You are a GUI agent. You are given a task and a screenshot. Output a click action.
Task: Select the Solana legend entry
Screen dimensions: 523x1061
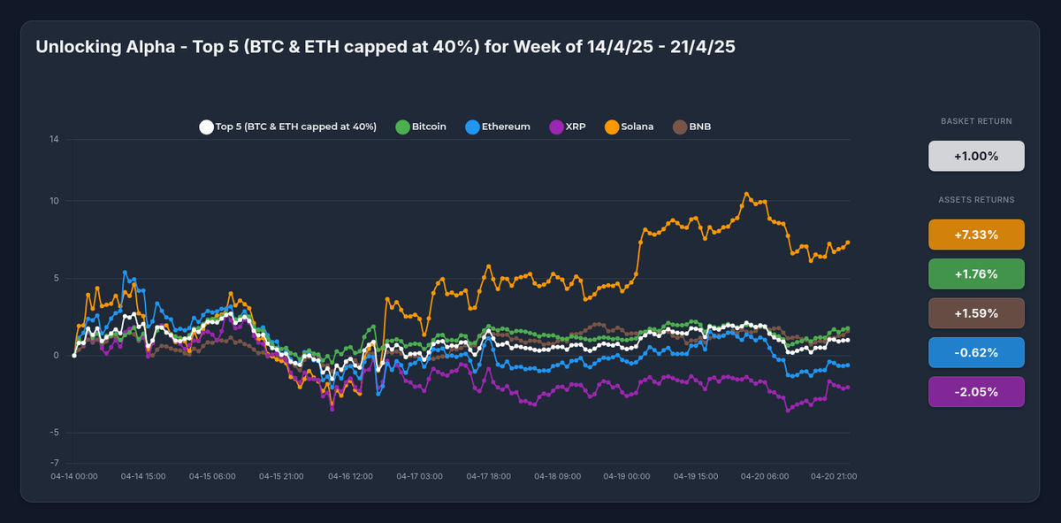tap(629, 127)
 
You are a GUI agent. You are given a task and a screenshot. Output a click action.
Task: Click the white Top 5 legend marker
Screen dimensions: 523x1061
tap(206, 127)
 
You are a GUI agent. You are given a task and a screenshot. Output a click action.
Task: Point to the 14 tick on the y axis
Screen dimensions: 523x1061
tap(54, 139)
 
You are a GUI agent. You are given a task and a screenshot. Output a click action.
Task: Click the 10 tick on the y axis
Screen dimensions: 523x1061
tap(54, 201)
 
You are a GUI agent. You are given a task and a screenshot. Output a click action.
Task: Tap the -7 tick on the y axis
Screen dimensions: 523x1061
tap(54, 463)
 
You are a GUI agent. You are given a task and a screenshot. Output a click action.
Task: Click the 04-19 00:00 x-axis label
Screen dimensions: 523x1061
tap(627, 476)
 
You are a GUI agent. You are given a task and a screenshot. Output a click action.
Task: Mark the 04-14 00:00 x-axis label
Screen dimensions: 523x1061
tap(74, 476)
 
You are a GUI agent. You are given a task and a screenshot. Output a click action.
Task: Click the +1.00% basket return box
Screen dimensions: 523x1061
tap(976, 156)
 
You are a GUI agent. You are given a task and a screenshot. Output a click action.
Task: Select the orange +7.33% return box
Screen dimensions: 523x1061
tap(976, 235)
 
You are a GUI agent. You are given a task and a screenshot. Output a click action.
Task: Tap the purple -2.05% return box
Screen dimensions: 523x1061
tap(976, 392)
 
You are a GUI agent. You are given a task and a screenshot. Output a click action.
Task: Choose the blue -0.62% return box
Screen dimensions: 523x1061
tap(976, 352)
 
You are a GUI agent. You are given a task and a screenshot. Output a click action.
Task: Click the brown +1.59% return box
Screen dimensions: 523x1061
tap(976, 313)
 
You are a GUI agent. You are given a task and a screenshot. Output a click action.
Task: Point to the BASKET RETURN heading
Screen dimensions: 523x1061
tap(976, 121)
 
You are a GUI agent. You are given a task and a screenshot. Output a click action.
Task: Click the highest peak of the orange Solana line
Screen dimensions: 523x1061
tap(746, 194)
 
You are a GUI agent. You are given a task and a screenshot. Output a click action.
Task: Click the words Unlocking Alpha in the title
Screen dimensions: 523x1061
tap(99, 47)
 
